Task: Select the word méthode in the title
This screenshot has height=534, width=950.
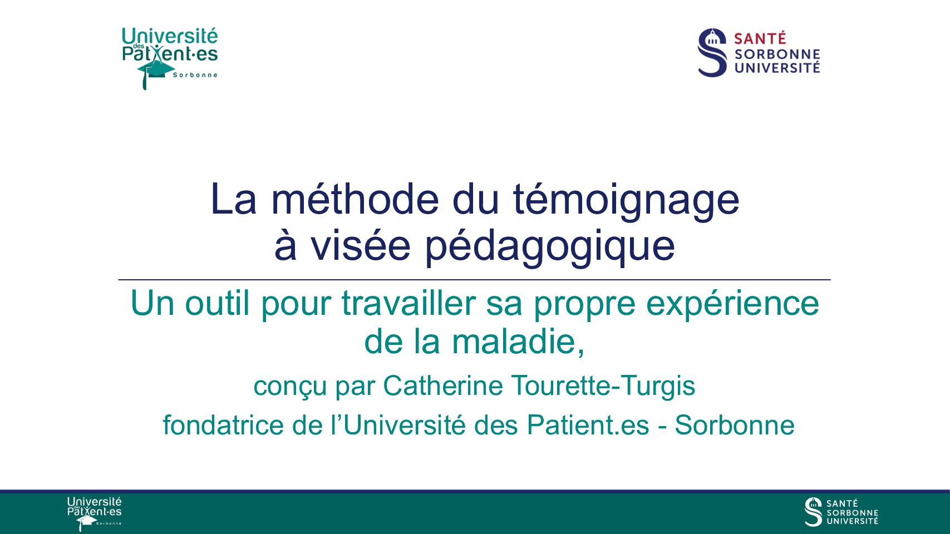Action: point(355,199)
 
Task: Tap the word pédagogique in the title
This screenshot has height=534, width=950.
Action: point(550,248)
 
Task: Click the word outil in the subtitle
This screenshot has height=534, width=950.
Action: point(216,303)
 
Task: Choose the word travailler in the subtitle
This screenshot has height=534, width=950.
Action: point(409,303)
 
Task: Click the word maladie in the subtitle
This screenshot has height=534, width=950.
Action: point(518,342)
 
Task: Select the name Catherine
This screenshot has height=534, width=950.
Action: point(443,385)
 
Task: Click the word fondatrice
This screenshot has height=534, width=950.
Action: point(224,424)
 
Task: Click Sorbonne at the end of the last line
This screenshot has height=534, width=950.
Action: point(735,424)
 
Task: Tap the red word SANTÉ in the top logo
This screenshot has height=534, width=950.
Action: point(760,38)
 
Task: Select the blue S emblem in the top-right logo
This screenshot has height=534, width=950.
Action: point(712,52)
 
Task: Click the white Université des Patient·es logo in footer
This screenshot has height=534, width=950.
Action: point(94,513)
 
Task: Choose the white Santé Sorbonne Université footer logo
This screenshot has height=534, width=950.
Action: point(841,512)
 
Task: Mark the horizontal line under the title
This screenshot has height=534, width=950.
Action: point(474,280)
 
